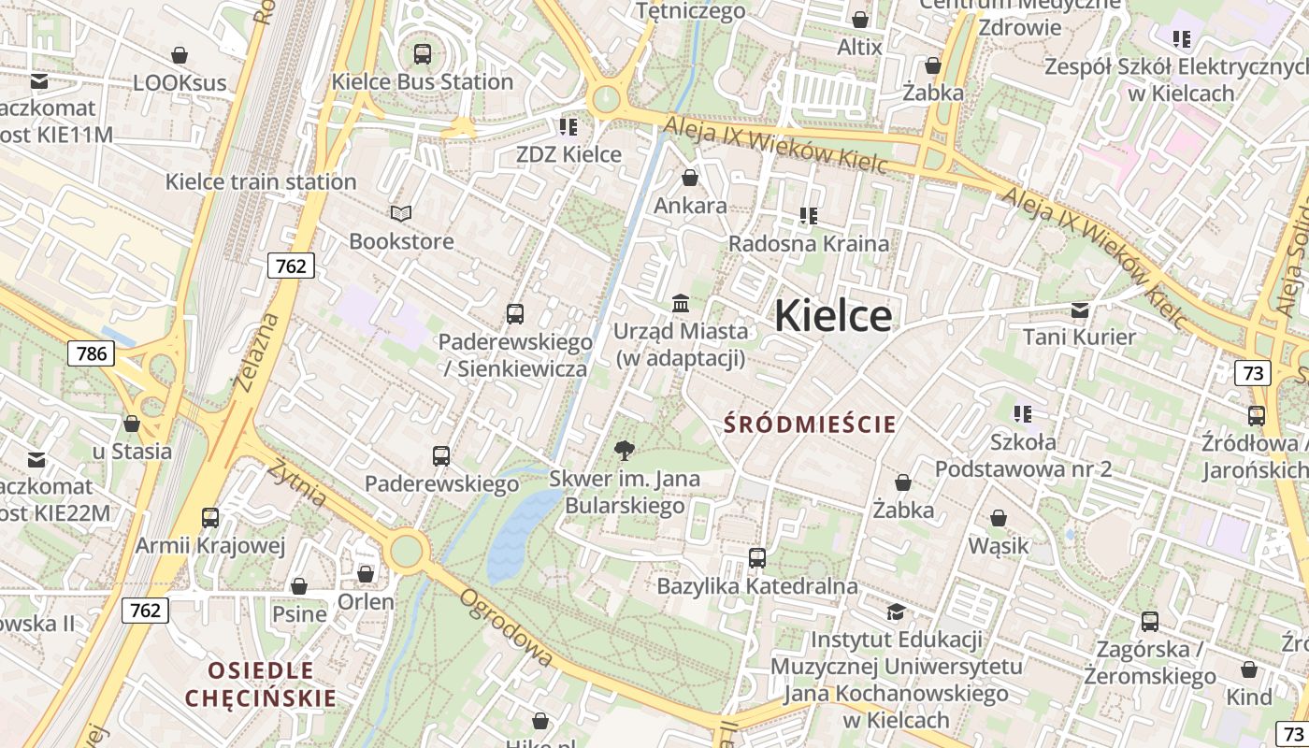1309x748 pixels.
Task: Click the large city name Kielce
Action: (833, 315)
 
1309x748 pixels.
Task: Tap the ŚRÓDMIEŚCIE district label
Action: (810, 424)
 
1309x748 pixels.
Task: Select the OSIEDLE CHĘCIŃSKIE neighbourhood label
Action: (260, 684)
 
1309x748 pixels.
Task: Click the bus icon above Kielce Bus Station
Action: (423, 53)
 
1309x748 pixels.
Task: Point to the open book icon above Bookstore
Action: (401, 214)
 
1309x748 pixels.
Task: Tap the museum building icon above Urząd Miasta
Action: (681, 304)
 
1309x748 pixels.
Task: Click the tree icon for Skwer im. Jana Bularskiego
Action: (624, 452)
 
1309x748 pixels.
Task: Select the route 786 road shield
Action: (91, 353)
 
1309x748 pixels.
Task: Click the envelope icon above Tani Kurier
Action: (1080, 309)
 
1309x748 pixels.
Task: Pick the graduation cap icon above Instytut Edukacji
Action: (896, 612)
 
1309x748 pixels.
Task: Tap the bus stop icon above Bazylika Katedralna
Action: (757, 558)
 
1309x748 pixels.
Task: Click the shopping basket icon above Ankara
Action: (690, 178)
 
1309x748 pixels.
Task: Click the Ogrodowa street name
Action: (505, 627)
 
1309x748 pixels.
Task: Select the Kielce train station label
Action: (261, 181)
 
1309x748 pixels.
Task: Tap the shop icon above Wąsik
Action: (999, 518)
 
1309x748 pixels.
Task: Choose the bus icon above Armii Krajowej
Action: (210, 518)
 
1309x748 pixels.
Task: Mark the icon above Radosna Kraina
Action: (809, 217)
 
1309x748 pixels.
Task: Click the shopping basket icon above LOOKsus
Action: (180, 55)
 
